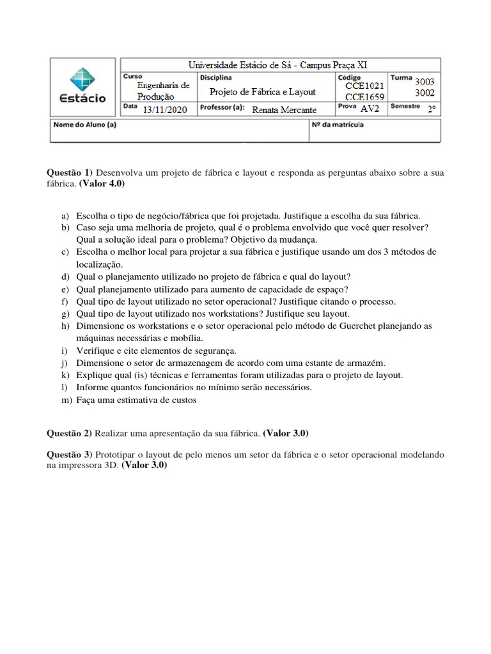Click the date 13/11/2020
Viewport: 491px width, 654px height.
[x=165, y=110]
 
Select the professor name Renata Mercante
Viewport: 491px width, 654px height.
[x=284, y=110]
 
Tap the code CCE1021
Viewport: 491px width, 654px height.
[x=364, y=86]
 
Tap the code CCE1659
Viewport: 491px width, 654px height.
[x=364, y=97]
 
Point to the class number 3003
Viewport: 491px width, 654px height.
[x=425, y=82]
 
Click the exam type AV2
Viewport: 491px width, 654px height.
[x=370, y=109]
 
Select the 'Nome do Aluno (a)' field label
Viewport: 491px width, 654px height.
[x=84, y=125]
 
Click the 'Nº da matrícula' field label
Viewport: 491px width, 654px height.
[x=338, y=125]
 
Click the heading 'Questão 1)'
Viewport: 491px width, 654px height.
[x=70, y=173]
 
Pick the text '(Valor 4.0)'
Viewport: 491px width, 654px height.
[x=102, y=183]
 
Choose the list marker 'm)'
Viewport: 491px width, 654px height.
[x=65, y=400]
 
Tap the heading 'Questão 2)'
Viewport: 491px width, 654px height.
[x=70, y=433]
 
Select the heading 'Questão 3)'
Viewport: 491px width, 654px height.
[x=70, y=455]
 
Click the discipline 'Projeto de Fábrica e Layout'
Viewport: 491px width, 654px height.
[x=263, y=92]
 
